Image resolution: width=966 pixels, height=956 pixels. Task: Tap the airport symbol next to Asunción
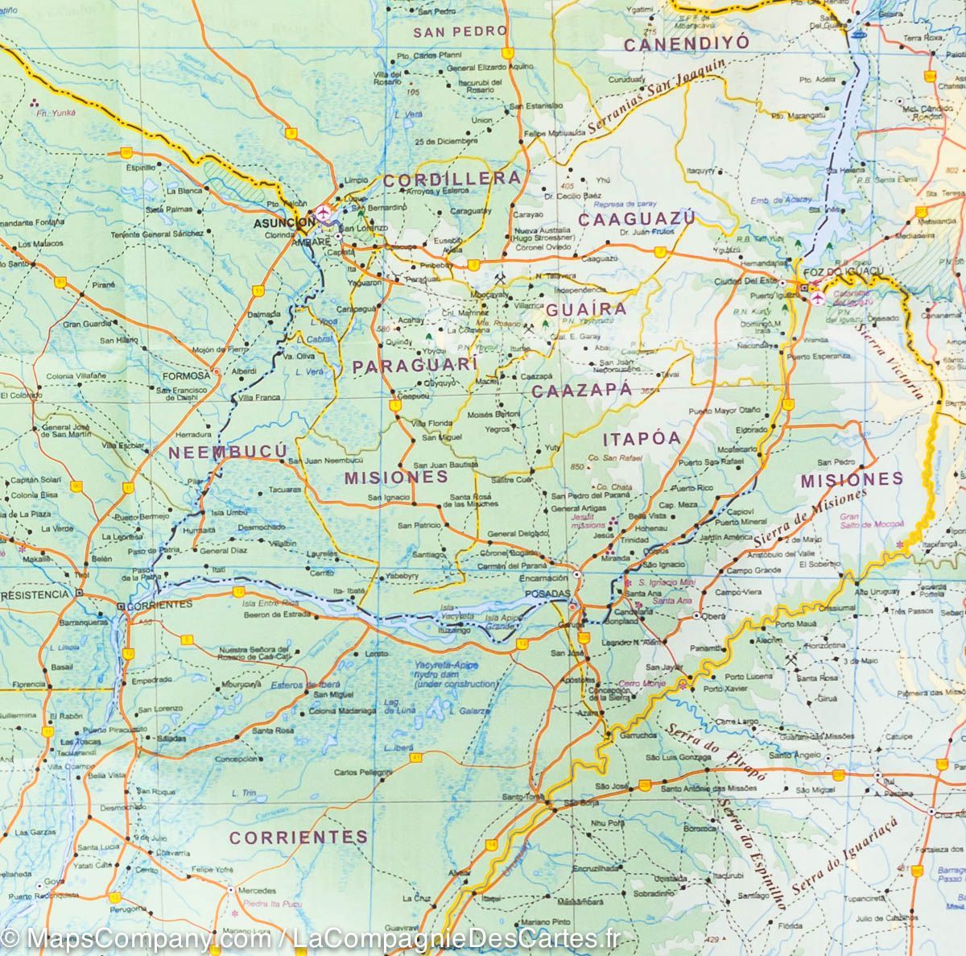click(324, 213)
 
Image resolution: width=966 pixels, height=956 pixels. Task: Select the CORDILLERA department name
click(451, 179)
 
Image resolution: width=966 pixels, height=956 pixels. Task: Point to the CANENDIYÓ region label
click(685, 43)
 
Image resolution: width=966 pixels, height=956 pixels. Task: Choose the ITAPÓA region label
click(641, 438)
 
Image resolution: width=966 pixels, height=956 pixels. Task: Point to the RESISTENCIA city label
click(37, 594)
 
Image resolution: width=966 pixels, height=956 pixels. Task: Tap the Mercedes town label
click(258, 891)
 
